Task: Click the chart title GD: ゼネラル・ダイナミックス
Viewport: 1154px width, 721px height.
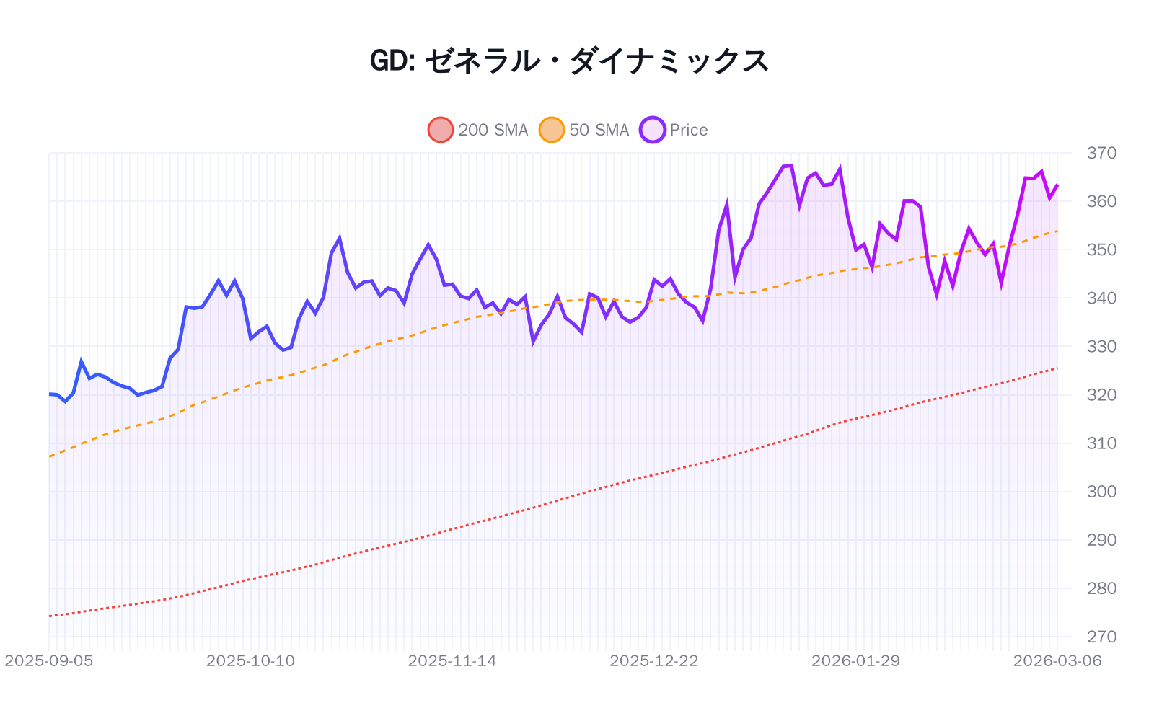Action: [570, 61]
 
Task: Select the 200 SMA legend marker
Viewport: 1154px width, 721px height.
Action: [440, 130]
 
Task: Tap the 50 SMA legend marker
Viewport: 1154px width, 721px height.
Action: [552, 130]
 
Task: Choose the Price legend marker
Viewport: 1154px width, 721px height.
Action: [652, 130]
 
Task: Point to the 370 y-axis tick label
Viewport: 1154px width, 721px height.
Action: [1101, 153]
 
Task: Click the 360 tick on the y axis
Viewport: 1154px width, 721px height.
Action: [1101, 201]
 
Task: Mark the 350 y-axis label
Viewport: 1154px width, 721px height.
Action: [1101, 249]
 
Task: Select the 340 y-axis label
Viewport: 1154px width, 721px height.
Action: [1101, 298]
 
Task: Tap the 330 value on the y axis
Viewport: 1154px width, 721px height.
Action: [1101, 346]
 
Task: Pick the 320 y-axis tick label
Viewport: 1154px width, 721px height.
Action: [1101, 394]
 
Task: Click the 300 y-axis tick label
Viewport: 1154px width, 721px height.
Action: [1101, 491]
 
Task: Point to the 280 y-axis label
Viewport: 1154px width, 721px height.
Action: [1101, 588]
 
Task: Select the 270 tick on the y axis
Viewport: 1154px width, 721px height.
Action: [1101, 637]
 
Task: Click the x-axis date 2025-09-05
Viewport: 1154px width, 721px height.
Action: [49, 661]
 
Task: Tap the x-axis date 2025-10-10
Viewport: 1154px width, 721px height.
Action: [250, 661]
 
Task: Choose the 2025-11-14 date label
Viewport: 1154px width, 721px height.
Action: [452, 661]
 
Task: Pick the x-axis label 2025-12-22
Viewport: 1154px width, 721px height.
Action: [654, 661]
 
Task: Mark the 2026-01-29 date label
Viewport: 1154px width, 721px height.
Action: [855, 661]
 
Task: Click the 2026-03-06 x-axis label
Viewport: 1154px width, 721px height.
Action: [1057, 661]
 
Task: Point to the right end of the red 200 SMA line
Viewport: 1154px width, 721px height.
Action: [1057, 368]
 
